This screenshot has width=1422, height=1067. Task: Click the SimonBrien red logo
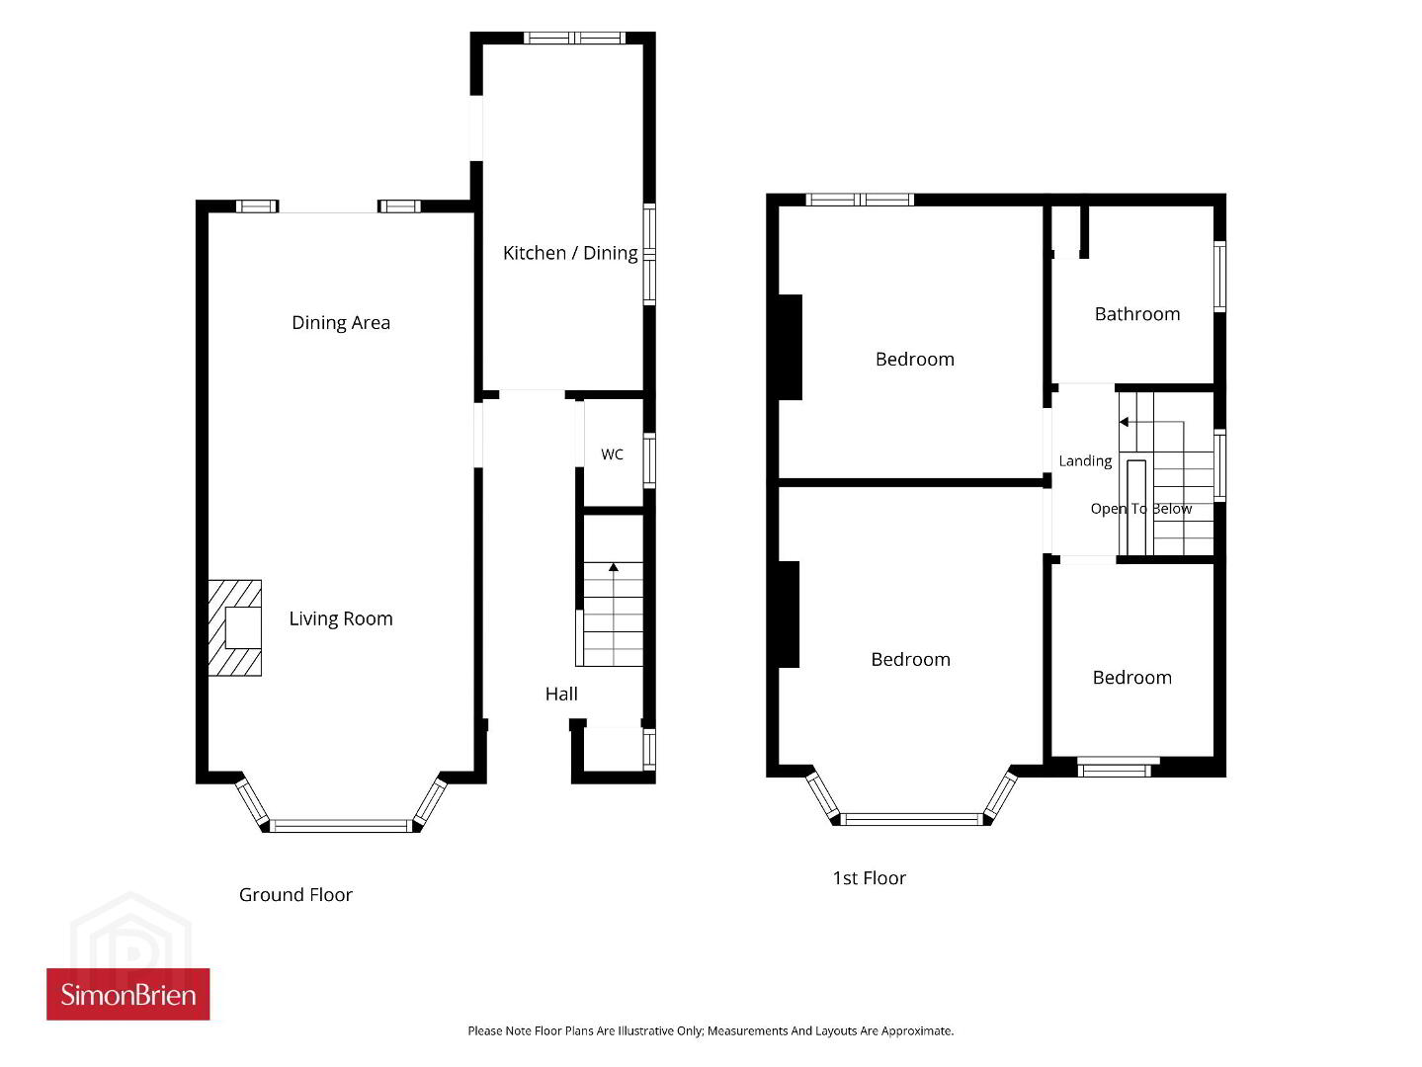click(x=127, y=994)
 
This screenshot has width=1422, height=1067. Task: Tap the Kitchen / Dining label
click(x=570, y=253)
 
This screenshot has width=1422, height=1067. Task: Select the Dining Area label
click(x=341, y=322)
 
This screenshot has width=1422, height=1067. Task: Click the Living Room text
click(x=341, y=618)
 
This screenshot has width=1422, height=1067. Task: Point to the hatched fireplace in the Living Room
click(x=234, y=627)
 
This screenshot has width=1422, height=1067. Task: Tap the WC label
click(x=613, y=453)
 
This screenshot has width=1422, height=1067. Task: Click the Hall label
click(x=561, y=694)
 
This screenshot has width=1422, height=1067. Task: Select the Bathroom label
click(x=1137, y=314)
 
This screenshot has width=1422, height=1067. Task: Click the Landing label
click(x=1085, y=461)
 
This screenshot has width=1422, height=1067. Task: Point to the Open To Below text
click(x=1140, y=509)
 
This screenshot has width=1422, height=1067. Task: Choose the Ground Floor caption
click(x=295, y=894)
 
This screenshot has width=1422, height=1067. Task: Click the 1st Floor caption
click(x=869, y=878)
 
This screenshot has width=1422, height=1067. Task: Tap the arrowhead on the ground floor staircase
click(x=613, y=567)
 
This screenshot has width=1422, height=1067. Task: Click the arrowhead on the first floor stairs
click(x=1124, y=422)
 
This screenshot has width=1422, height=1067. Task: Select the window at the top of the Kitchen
click(x=575, y=39)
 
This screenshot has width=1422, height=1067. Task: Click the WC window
click(x=649, y=460)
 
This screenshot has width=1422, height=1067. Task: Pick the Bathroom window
click(x=1219, y=277)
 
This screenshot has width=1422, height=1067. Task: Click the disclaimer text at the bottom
click(x=711, y=1030)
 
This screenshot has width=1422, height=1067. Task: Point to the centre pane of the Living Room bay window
click(x=341, y=826)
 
